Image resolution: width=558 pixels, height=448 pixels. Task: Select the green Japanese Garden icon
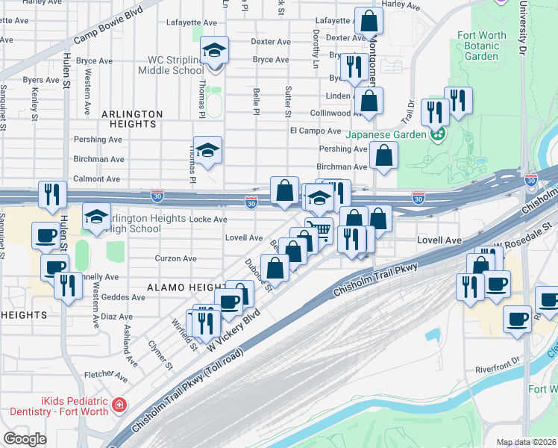coord(438,135)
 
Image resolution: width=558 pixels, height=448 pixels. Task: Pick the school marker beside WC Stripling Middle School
coord(215,52)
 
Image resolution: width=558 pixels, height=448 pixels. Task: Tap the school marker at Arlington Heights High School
coord(96,217)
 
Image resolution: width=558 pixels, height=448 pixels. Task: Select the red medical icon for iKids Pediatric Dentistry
coord(119,406)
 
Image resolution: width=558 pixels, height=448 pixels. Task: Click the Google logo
coord(25,439)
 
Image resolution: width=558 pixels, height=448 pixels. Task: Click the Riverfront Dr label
coord(496,369)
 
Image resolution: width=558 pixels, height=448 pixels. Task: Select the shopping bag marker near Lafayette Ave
coord(368,22)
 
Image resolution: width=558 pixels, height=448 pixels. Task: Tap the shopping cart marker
coord(320,229)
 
